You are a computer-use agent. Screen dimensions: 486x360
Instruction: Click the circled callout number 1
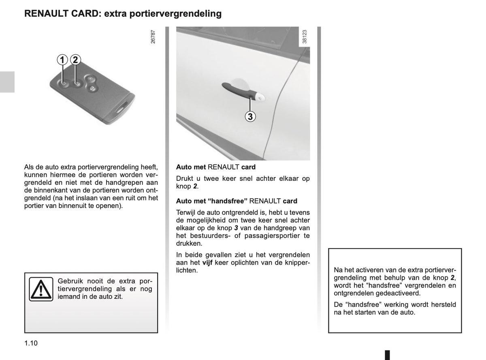62,60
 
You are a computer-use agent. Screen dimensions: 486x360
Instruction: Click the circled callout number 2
75,60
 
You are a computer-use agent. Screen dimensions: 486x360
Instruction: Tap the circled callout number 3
250,116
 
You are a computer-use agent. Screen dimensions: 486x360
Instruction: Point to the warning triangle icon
41,289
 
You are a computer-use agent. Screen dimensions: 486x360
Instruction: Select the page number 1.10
31,343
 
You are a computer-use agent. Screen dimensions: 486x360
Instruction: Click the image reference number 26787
153,37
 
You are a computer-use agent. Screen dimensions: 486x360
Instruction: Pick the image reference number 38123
304,36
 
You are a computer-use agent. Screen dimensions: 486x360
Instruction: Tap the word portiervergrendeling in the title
175,14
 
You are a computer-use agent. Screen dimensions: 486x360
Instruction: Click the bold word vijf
207,263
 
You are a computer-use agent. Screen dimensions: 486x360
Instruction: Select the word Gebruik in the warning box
70,281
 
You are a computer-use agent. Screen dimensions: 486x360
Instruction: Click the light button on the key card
90,79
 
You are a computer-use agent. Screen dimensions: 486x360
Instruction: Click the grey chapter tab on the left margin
7,82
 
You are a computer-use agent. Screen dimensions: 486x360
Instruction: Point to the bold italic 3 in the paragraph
236,228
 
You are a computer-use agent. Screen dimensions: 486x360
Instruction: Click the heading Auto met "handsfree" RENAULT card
237,201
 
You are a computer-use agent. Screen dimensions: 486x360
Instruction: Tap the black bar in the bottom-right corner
388,355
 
